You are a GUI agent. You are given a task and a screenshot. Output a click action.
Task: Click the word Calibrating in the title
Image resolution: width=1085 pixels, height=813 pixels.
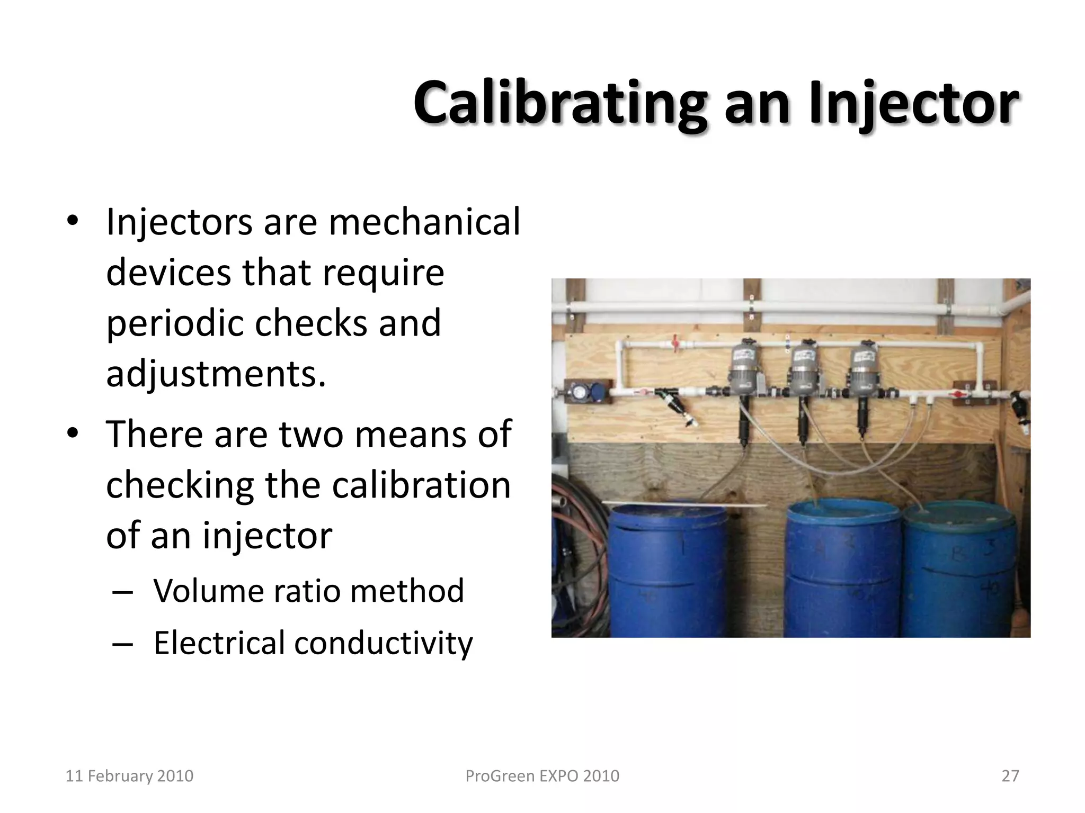pos(559,104)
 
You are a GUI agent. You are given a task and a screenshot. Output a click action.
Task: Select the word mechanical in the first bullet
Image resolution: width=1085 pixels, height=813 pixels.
pos(424,222)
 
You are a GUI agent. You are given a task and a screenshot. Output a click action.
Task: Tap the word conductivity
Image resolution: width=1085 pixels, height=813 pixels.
pos(383,643)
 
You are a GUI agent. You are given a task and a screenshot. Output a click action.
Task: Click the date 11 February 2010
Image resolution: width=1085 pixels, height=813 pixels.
pos(129,776)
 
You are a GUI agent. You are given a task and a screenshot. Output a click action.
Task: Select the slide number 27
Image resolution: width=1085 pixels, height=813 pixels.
pos(1010,776)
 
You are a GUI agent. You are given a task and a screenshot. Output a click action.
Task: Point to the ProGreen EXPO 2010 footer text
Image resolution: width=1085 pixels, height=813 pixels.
pos(542,776)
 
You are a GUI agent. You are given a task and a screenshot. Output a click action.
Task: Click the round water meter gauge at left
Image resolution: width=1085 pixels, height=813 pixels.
pos(579,392)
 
